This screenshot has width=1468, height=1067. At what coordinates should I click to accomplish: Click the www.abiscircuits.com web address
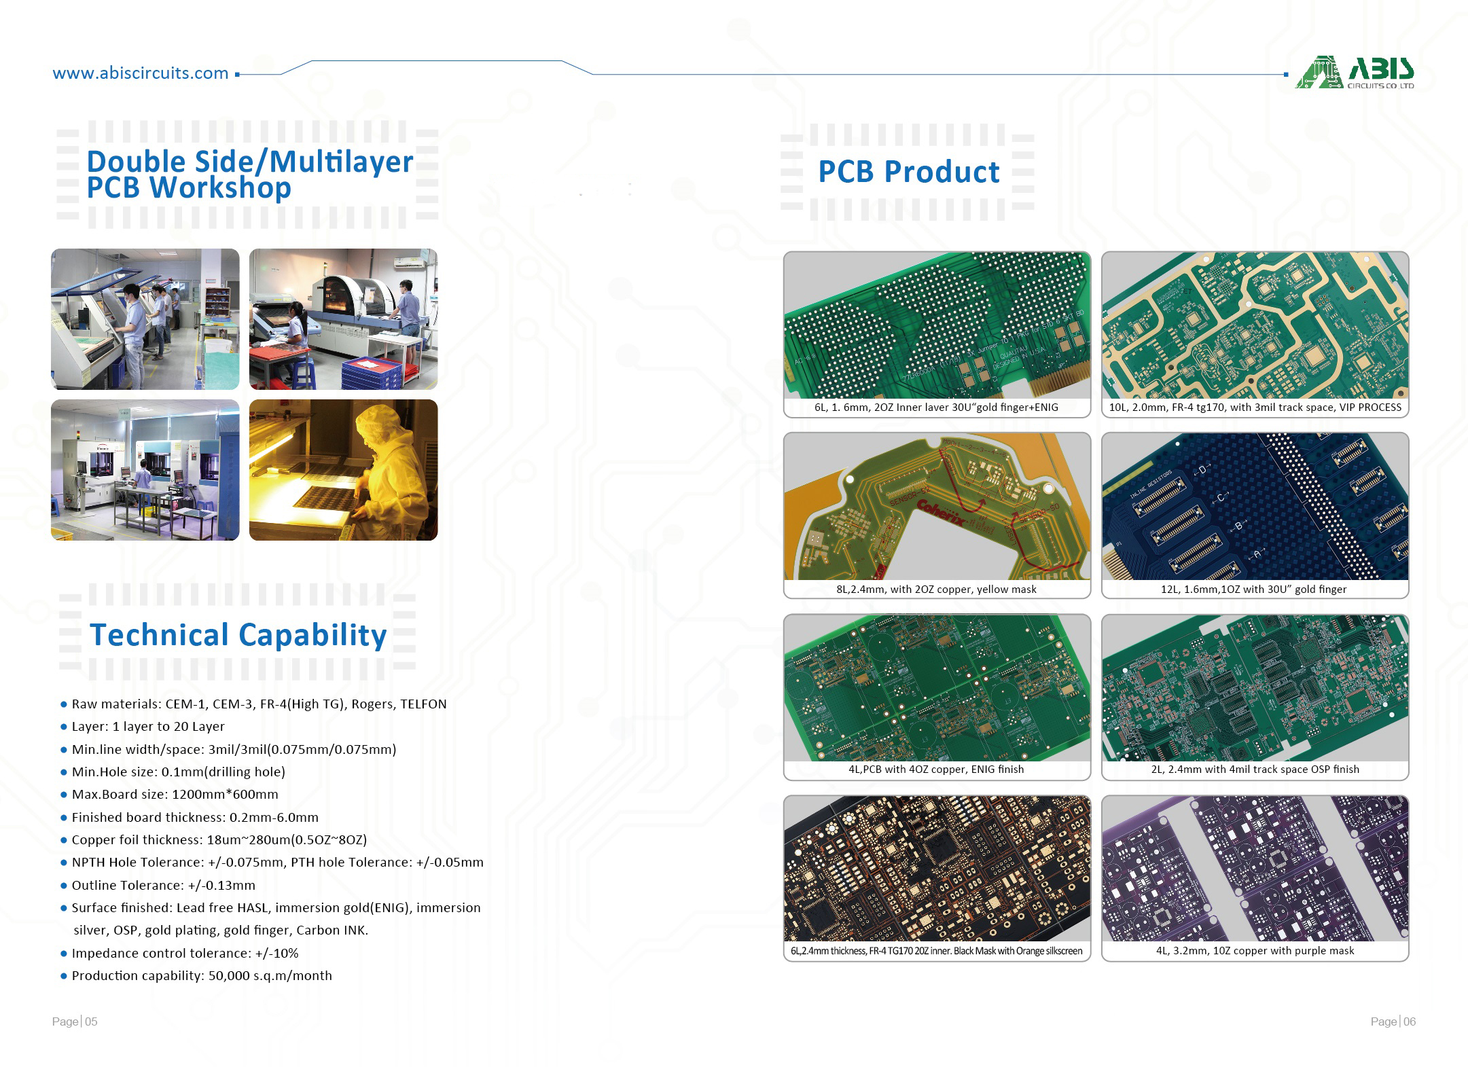point(141,73)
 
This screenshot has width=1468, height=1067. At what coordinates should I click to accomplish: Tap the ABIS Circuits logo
point(1355,73)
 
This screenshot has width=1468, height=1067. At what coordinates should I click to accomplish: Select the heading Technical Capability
point(238,635)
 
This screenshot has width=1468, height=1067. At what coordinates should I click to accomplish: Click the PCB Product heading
point(909,172)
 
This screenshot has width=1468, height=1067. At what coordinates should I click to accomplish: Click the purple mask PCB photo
point(1255,868)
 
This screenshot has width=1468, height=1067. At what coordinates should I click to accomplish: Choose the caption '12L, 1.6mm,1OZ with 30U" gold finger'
point(1253,589)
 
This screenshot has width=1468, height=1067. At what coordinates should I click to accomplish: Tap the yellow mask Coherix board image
point(937,506)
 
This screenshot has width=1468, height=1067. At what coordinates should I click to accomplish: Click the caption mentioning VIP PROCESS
point(1255,408)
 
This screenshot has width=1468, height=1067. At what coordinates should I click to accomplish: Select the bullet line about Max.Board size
point(175,795)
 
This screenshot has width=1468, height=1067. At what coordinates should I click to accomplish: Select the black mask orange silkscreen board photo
point(937,868)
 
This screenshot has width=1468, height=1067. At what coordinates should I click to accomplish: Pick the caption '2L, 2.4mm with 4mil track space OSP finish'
point(1255,770)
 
